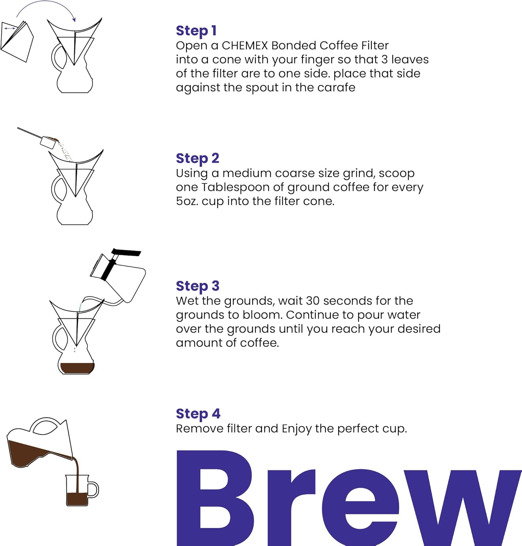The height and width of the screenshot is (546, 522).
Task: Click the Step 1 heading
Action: pos(196,31)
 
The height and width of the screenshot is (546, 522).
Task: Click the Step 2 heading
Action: pos(197,158)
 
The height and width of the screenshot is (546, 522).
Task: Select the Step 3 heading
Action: pos(197,286)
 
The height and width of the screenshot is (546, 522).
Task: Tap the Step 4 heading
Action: pos(198,414)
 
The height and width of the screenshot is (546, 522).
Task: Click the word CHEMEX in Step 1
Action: pos(245,45)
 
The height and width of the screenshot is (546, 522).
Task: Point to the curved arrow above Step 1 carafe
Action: pos(46,7)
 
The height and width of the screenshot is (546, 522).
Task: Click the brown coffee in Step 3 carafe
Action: pos(77,368)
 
